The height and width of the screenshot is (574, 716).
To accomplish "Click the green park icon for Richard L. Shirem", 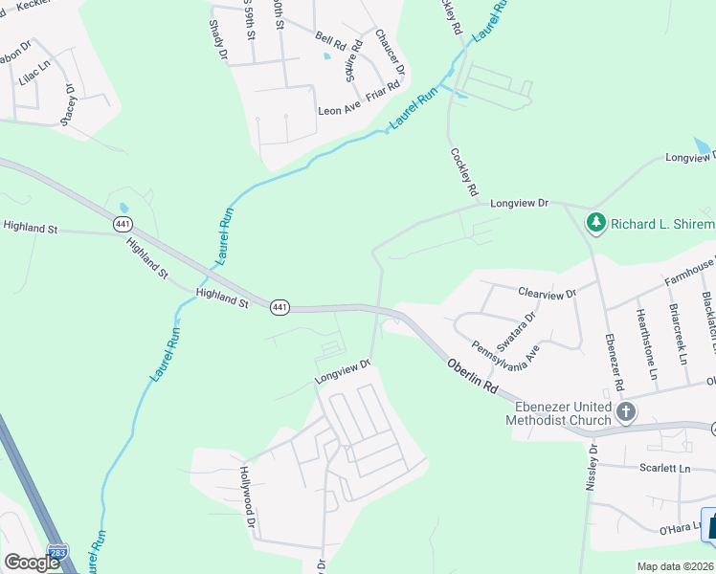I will [x=596, y=223].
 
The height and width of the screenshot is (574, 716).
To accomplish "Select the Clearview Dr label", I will [x=548, y=294].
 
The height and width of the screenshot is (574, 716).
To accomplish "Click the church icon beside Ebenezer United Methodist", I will [x=626, y=412].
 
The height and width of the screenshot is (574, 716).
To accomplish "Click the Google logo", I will [x=33, y=562].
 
